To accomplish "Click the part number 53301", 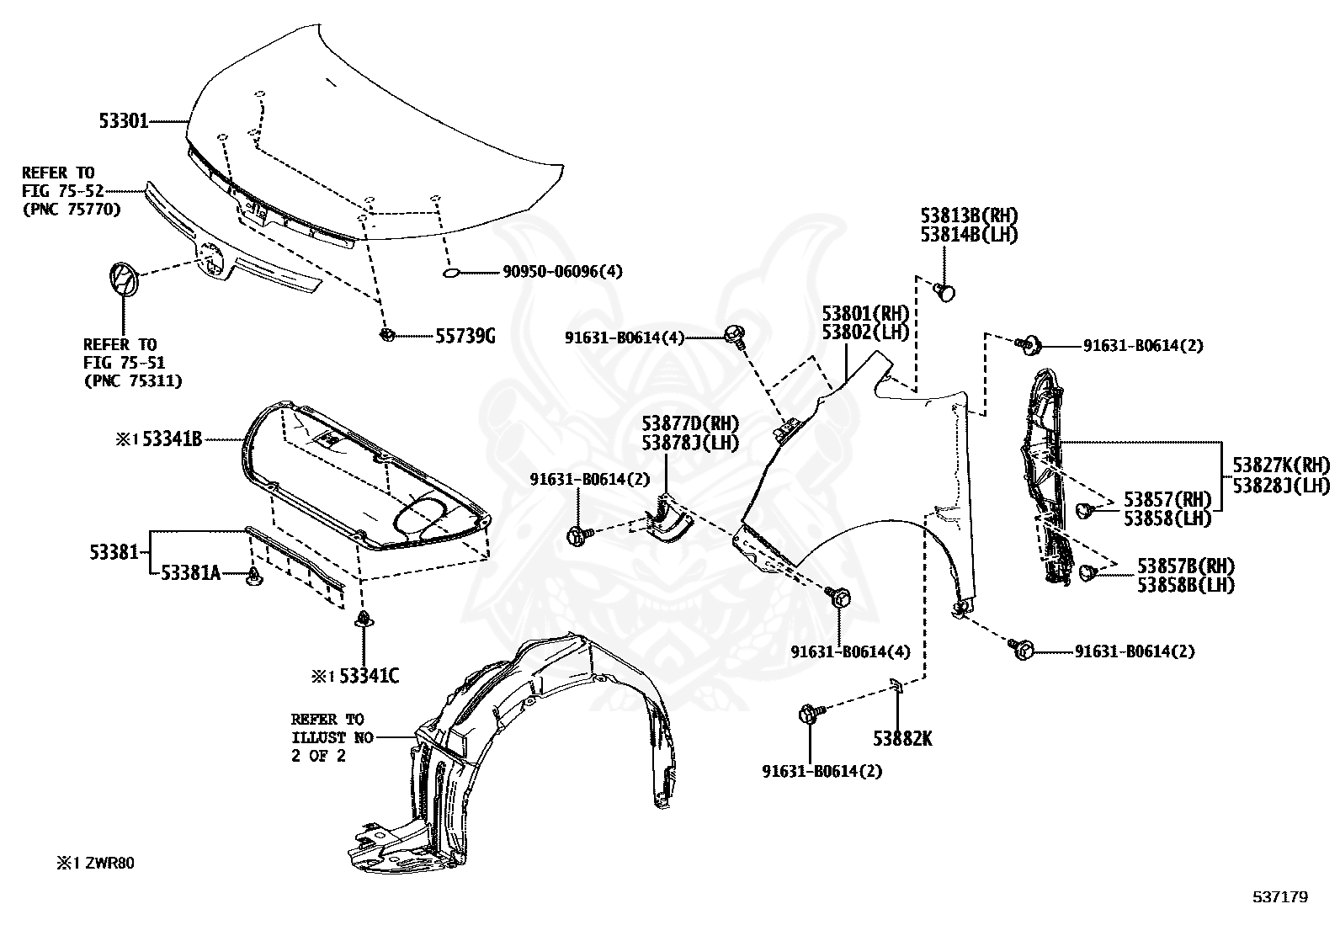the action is (x=124, y=121).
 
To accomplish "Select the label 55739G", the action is (x=465, y=337).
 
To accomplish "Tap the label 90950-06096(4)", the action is (x=562, y=272).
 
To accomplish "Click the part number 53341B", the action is (x=173, y=439).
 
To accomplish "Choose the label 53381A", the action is (x=191, y=574).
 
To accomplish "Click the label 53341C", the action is (x=370, y=676).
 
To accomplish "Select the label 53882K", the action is (x=902, y=739).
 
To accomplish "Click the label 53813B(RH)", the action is (x=969, y=215).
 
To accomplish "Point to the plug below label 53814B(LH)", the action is (x=944, y=293).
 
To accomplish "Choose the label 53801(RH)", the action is (x=865, y=313).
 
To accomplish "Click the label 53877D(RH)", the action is (x=690, y=423).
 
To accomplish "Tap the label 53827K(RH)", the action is (x=1281, y=465).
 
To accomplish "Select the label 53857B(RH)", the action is (x=1186, y=566).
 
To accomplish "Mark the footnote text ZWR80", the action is (x=109, y=864).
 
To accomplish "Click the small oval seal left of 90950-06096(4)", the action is (x=451, y=274).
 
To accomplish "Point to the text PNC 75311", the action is (x=133, y=380).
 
